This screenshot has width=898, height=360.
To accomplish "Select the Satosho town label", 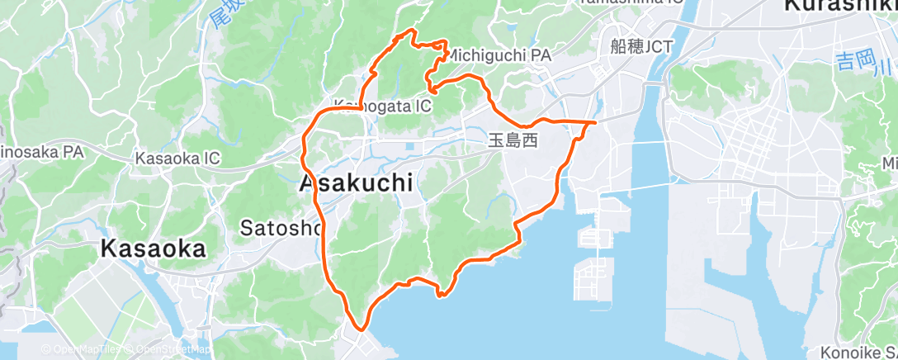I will pos(281,227).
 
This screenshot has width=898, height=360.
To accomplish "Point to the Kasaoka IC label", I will pos(177,158).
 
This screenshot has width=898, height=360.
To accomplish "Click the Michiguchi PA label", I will pos(501,54).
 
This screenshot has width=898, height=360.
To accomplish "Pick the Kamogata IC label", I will pos(381,106).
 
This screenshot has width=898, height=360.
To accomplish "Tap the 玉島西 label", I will pos(513,141).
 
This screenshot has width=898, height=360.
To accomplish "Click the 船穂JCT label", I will pos(642,46).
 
